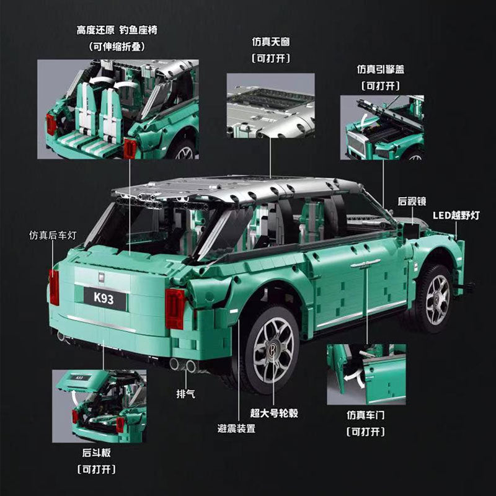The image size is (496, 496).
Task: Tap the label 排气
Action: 187,393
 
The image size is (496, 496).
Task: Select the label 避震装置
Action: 236,428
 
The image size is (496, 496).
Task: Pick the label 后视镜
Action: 410,201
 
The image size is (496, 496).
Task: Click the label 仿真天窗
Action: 270,42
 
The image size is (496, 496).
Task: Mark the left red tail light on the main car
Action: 54,287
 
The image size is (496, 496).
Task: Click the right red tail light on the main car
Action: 175,308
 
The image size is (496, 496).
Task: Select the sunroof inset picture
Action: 270,105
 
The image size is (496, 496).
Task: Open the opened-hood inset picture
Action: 382,127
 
